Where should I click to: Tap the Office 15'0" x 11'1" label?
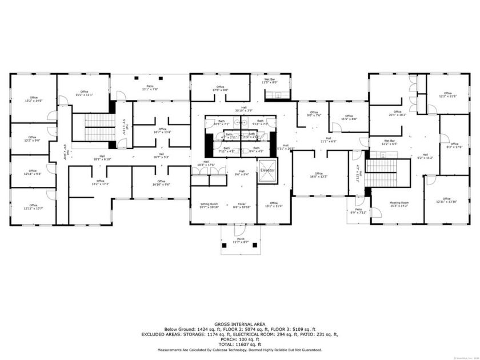tap(84, 93)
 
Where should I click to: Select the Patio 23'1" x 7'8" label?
tap(149, 88)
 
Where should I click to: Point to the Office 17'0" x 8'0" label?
tap(220, 88)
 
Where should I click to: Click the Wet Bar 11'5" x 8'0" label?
tap(269, 81)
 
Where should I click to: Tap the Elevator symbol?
tap(267, 171)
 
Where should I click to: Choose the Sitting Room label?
tap(209, 205)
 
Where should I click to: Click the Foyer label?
tap(242, 205)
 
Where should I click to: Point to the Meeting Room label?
tap(399, 204)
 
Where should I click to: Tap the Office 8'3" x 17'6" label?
tap(454, 145)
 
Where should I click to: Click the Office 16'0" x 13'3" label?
tap(318, 175)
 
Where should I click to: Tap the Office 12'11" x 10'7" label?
tap(33, 207)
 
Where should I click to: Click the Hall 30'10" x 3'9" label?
tap(244, 109)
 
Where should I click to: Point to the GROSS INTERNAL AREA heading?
tap(239, 324)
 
